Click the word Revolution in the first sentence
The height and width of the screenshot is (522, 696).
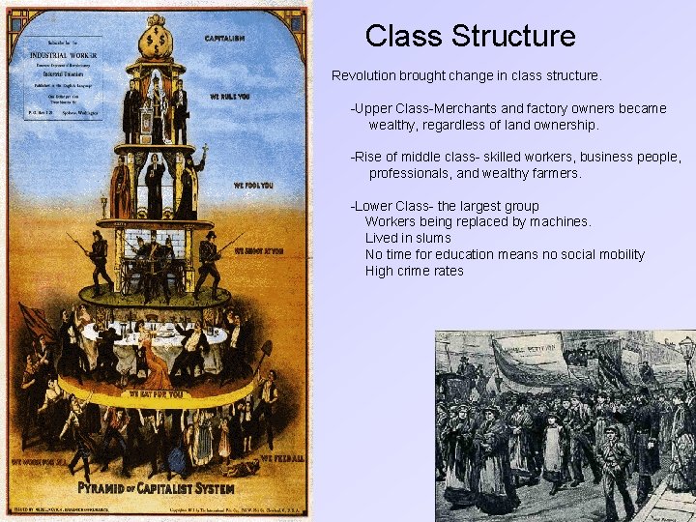[x=364, y=75]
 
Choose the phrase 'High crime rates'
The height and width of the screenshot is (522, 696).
[x=414, y=271]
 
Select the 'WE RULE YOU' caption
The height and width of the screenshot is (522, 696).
[x=229, y=98]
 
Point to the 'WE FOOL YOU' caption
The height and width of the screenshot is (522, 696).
[x=252, y=185]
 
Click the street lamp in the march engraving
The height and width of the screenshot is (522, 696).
[x=686, y=358]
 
